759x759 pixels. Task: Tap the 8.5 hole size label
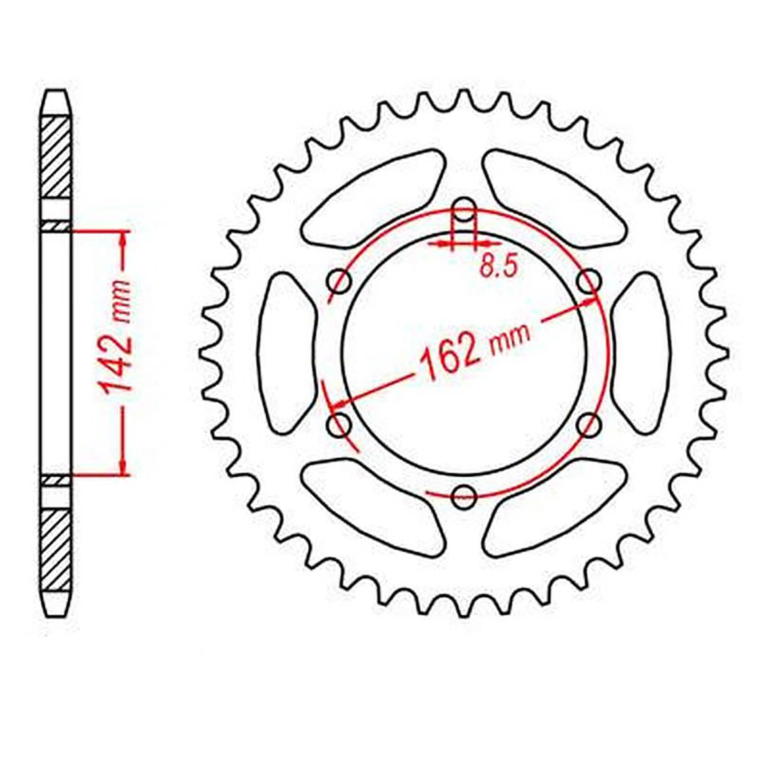pyautogui.click(x=498, y=267)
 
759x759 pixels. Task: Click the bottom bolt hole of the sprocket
pyautogui.click(x=464, y=496)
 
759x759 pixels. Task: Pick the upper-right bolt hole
pyautogui.click(x=589, y=282)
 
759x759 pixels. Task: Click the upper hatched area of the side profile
pyautogui.click(x=56, y=157)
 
